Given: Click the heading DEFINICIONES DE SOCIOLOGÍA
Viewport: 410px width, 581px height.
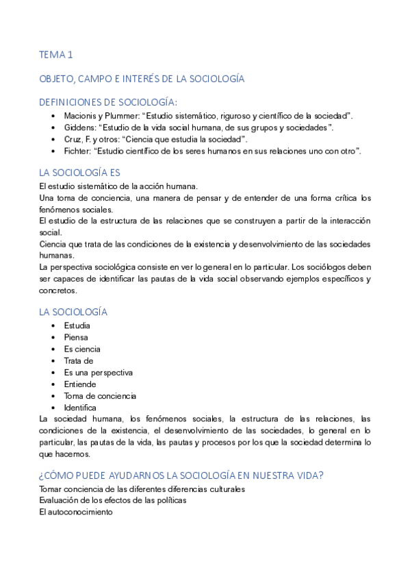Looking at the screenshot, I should coord(108,101).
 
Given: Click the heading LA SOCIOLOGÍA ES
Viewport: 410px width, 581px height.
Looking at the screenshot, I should coord(79,173).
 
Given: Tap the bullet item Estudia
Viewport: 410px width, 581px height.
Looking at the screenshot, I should coord(77,325).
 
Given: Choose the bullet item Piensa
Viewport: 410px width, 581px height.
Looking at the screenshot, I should coord(76,337).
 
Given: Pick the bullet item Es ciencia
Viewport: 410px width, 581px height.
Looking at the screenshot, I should coord(82,349).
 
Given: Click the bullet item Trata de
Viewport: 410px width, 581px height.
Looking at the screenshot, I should coord(79,360).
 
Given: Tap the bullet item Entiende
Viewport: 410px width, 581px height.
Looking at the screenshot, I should coord(80,384).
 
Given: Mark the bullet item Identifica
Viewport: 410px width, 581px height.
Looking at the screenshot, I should coord(80,408).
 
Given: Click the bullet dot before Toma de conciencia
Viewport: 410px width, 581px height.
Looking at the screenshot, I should coord(53,396).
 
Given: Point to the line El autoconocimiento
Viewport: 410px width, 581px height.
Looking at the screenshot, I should coord(75,512).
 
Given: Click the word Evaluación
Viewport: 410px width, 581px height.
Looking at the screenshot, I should coord(59,500).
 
